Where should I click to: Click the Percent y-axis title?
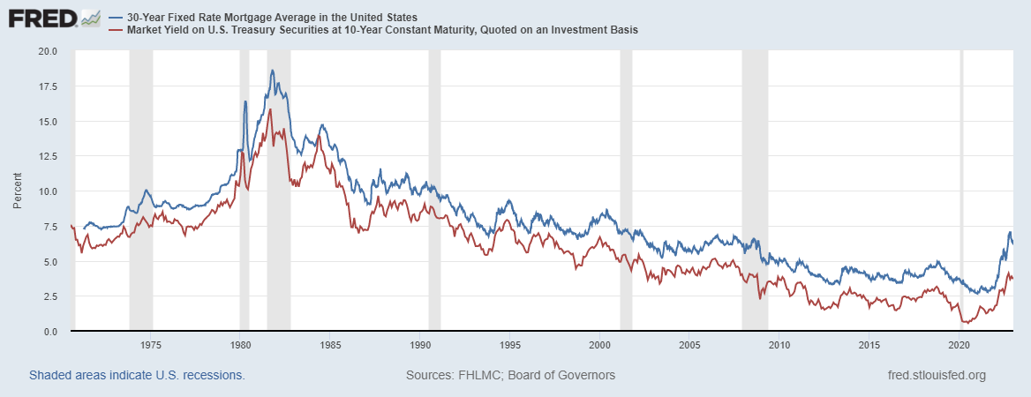[x=18, y=191]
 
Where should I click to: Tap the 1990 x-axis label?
[x=420, y=345]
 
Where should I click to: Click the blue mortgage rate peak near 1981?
[x=272, y=71]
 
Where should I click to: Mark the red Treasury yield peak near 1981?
[x=269, y=109]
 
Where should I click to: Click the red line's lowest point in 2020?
[x=964, y=323]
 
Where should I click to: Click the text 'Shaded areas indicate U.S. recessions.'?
[x=137, y=375]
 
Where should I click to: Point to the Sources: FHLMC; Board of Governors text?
[x=510, y=375]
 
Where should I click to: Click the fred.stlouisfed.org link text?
[x=935, y=375]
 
